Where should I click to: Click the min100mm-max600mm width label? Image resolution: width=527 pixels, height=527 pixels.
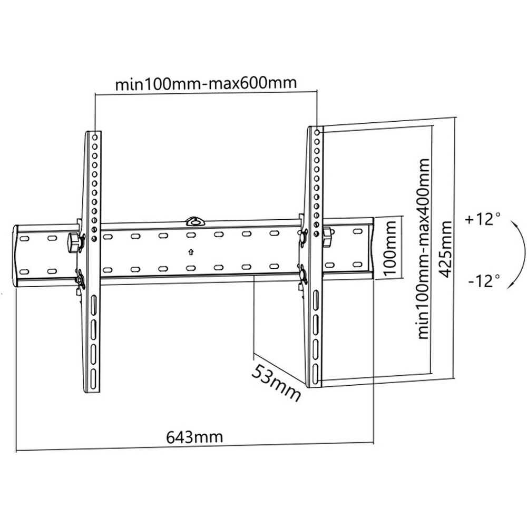click(206, 83)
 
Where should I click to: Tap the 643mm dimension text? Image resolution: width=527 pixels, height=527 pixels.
click(194, 437)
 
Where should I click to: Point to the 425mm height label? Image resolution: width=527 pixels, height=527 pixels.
click(446, 250)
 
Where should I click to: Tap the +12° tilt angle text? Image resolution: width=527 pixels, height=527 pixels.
click(483, 219)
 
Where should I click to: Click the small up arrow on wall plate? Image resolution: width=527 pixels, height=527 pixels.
click(191, 251)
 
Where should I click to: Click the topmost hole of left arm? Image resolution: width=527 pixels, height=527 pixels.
click(94, 136)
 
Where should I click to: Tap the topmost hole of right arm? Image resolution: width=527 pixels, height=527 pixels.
click(317, 131)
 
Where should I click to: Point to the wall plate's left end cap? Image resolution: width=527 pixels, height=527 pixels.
click(17, 256)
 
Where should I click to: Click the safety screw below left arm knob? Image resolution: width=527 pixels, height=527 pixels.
click(80, 279)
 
